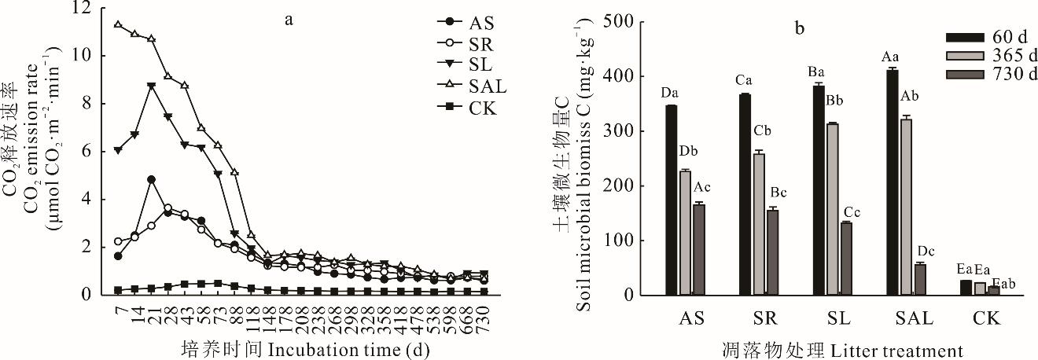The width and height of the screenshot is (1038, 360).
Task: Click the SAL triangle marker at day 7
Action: (118, 24)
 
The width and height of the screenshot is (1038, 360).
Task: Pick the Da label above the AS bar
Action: (669, 94)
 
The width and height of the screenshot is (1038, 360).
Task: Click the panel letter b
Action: (800, 29)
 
